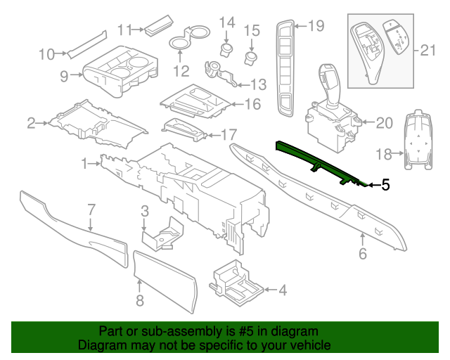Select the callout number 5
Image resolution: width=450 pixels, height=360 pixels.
tap(385, 186)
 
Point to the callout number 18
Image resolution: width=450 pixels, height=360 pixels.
tap(385, 153)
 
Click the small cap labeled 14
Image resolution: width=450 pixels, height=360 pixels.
tap(226, 49)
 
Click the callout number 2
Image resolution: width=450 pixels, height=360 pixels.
tap(32, 124)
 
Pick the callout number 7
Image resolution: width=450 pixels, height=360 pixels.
tap(91, 208)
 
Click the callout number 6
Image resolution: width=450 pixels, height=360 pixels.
tap(363, 253)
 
